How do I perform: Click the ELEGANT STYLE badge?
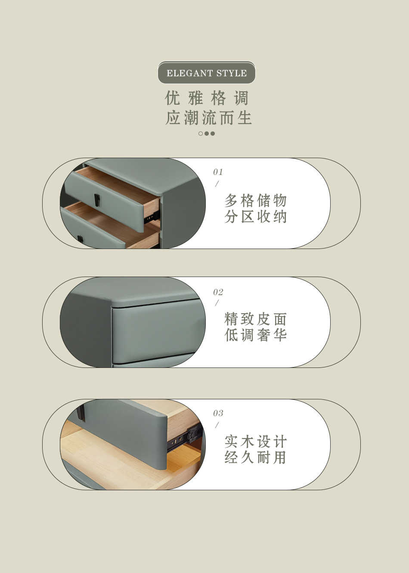[207, 73]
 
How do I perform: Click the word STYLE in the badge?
[232, 73]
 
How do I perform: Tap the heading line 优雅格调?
[207, 98]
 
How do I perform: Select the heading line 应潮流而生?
[208, 118]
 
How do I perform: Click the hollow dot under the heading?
[201, 133]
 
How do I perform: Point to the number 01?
[218, 172]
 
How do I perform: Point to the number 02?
[218, 292]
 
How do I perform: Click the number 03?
[218, 413]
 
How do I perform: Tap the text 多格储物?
[255, 200]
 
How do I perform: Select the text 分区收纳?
[255, 217]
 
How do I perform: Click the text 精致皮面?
[255, 319]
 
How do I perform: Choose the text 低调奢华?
[255, 335]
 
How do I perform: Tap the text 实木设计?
[255, 441]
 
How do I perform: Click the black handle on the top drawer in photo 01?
[97, 199]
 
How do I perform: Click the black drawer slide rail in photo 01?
[152, 217]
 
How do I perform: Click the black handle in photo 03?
[81, 413]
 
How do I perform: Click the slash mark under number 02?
[217, 303]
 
